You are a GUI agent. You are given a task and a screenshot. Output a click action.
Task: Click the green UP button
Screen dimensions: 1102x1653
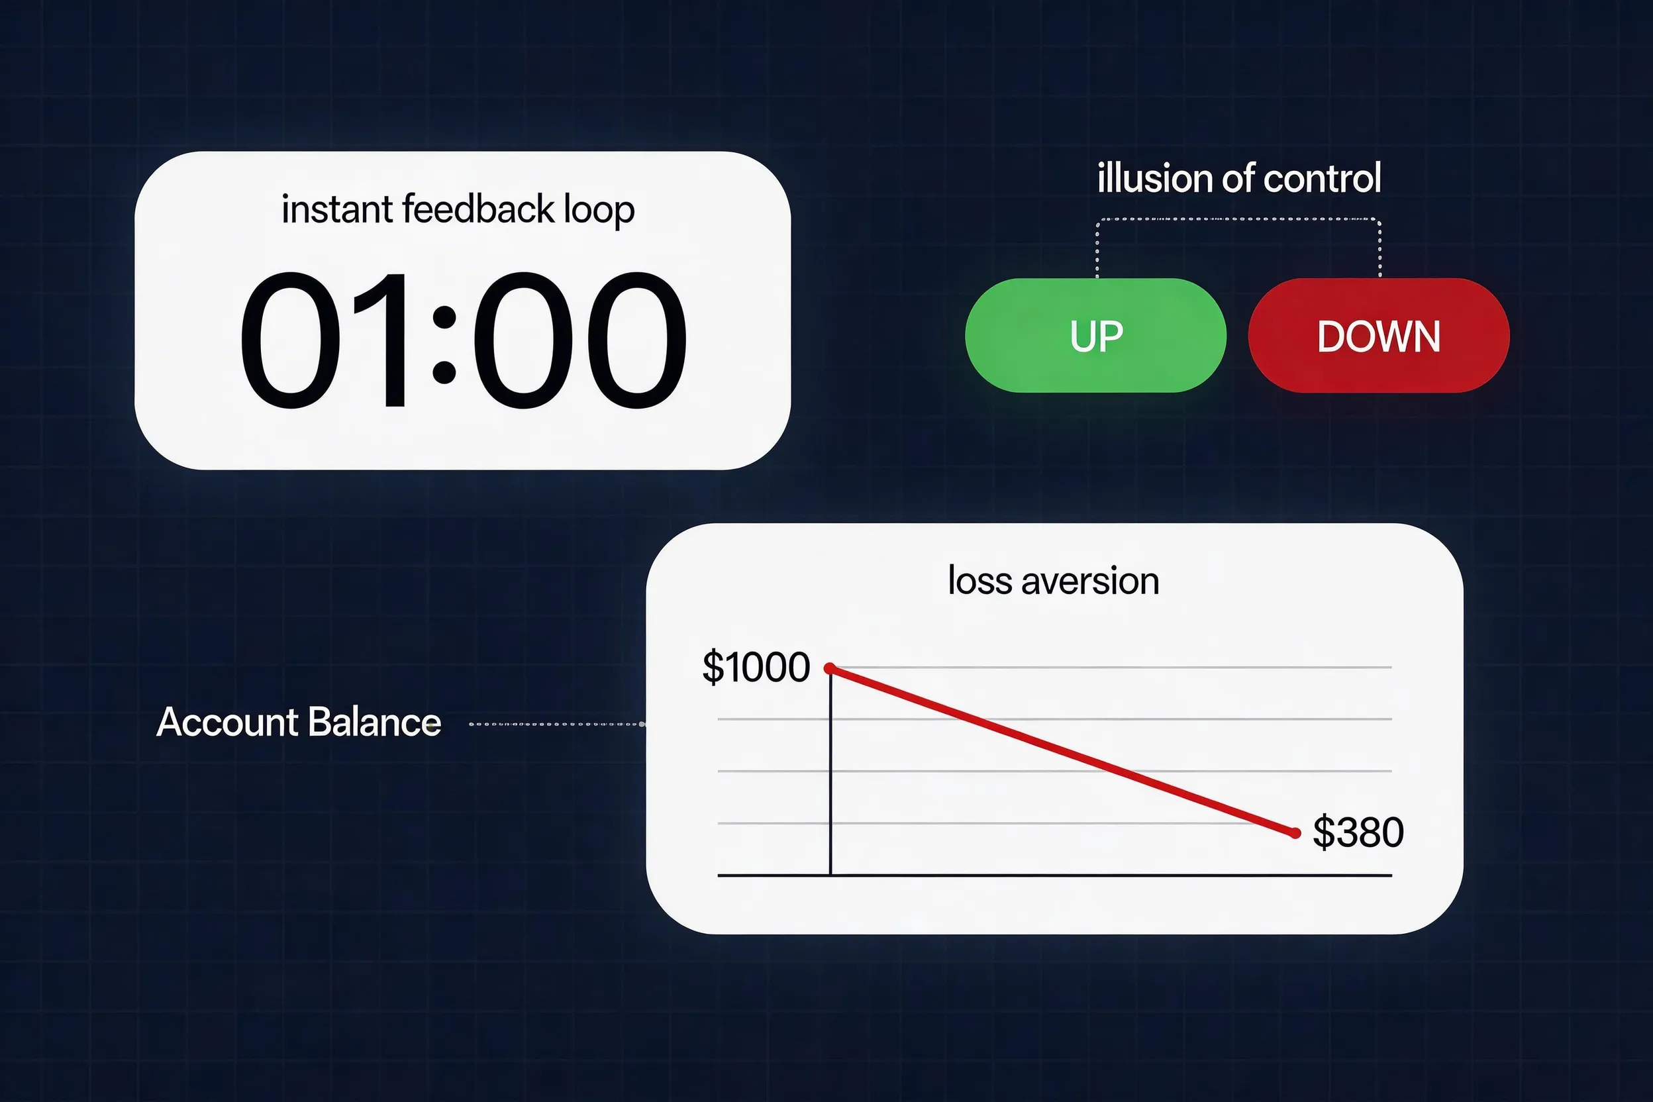[x=1095, y=336]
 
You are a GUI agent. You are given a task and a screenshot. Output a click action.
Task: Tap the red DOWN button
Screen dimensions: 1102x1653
[x=1378, y=336]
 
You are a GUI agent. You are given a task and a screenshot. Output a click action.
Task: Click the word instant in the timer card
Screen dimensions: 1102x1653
[x=336, y=209]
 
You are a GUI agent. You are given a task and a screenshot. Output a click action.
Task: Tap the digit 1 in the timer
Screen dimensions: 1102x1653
[x=383, y=341]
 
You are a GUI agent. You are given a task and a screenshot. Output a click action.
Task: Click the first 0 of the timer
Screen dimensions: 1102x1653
[x=289, y=341]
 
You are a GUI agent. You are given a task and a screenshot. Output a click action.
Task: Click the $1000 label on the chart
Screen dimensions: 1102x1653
[x=756, y=667]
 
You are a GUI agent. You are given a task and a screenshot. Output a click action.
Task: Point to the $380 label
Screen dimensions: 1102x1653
[x=1358, y=832]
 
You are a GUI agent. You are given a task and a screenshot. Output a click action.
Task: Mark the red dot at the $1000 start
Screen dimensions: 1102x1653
[x=830, y=668]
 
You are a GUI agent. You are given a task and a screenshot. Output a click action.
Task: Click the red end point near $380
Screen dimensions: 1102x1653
[x=1295, y=833]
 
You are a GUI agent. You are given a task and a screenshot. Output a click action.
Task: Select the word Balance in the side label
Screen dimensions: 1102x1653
[x=374, y=723]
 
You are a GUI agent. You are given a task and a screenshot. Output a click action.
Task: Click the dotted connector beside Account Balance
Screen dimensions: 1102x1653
[x=555, y=724]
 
